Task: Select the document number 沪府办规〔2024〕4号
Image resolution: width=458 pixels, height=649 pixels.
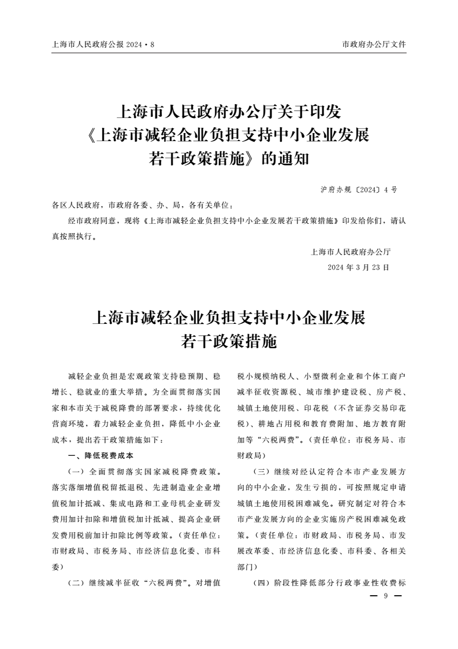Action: [358, 190]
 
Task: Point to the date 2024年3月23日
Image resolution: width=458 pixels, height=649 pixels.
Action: [358, 267]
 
